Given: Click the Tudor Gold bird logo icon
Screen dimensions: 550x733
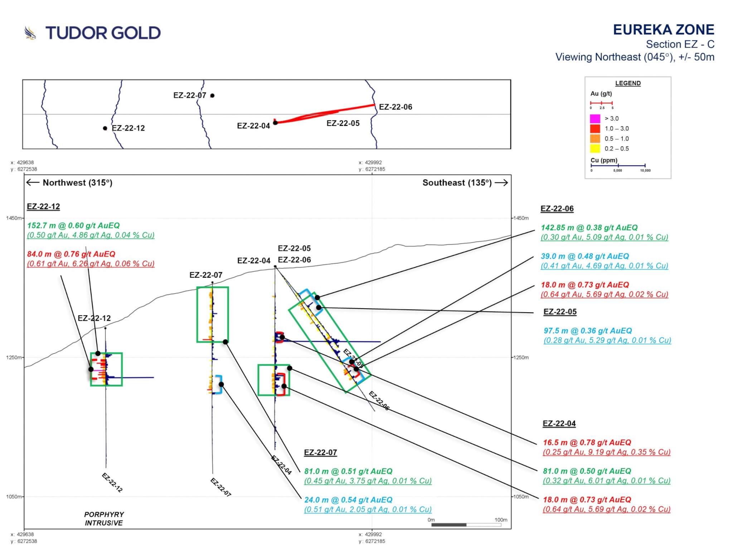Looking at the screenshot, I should point(30,33).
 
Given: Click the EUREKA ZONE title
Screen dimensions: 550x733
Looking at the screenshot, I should point(663,30).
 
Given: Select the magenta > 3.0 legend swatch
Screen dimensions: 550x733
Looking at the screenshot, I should point(595,119).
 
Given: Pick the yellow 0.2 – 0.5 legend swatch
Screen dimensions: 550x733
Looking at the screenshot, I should point(595,149).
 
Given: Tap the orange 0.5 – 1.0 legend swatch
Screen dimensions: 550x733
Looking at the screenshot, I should point(595,139).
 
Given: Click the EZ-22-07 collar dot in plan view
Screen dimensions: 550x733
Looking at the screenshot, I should point(212,96).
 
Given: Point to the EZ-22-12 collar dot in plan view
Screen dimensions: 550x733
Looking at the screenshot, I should point(105,128).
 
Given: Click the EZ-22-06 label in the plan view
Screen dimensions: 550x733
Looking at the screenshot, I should point(395,107).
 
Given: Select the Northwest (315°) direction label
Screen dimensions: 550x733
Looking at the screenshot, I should point(77,183).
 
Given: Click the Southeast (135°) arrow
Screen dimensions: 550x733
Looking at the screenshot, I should point(501,183).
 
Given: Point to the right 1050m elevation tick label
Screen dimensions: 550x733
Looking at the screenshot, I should point(521,497).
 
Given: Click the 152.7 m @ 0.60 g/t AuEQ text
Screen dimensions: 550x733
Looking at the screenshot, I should point(73,226).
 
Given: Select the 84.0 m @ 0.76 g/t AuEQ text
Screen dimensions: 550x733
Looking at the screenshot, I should point(71,254).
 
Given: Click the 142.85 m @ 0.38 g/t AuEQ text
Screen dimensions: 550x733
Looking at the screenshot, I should point(589,228).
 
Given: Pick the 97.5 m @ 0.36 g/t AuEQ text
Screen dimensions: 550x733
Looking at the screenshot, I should point(588,331).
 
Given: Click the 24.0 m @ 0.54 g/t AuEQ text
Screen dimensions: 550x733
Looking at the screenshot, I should point(348,500).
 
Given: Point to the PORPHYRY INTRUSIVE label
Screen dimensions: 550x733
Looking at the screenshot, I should point(104,518).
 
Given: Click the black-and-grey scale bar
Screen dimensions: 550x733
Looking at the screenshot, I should point(466,525).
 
